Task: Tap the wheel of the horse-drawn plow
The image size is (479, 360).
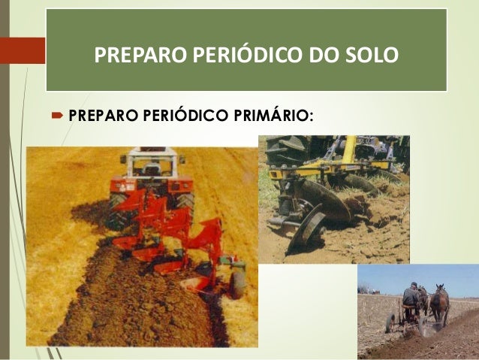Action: pos(390,322)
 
